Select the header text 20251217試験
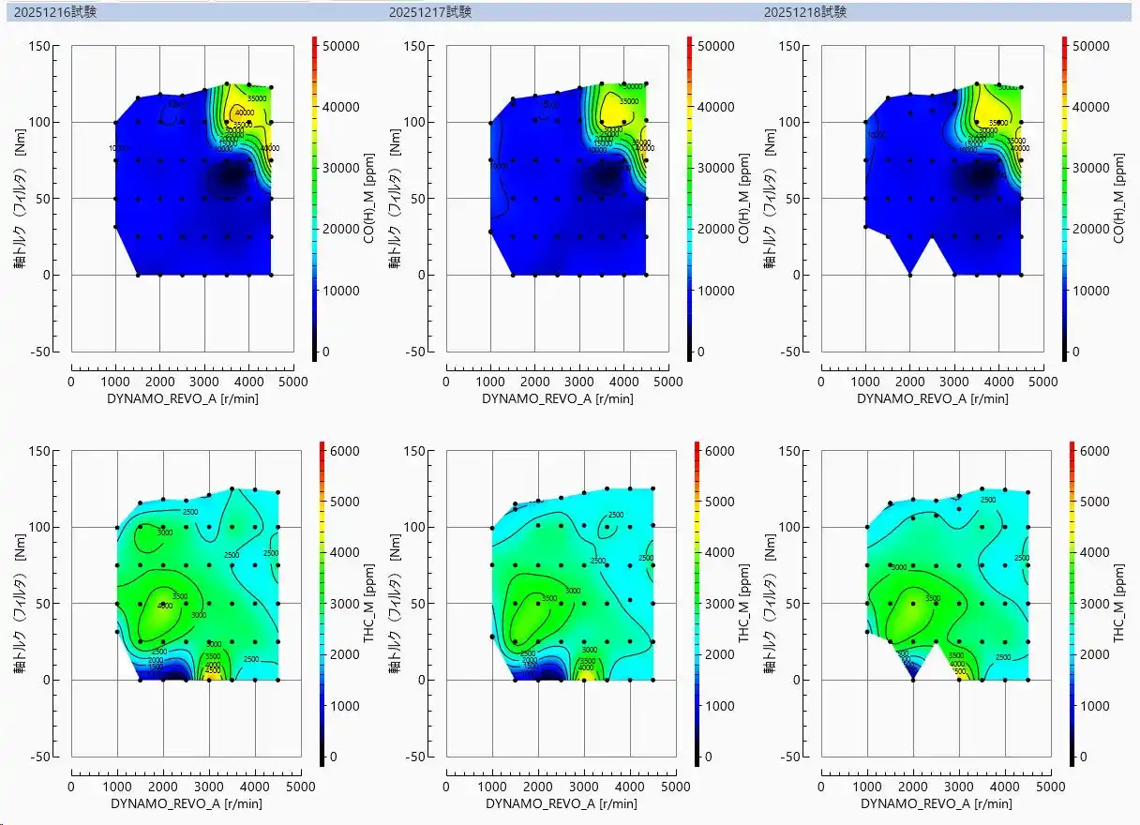tap(430, 12)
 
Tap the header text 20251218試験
tap(805, 12)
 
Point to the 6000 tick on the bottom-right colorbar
tap(1090, 451)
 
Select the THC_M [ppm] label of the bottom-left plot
tap(368, 603)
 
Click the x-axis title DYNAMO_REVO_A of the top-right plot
tap(933, 398)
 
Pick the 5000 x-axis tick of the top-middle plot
tap(668, 382)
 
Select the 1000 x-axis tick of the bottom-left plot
tap(117, 787)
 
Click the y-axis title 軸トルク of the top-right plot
tap(770, 199)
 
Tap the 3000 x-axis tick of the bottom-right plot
tap(959, 787)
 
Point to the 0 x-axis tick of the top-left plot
tap(71, 382)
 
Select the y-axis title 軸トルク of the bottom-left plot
tap(20, 603)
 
